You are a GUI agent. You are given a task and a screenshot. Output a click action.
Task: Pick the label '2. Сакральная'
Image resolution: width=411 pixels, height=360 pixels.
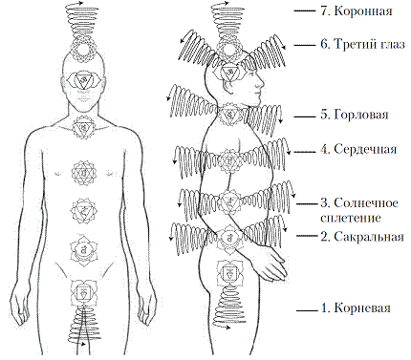pyautogui.click(x=364, y=234)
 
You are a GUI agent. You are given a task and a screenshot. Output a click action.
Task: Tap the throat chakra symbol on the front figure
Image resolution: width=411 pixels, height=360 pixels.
pyautogui.click(x=82, y=125)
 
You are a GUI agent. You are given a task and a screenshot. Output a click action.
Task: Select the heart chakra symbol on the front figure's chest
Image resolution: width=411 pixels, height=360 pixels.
pyautogui.click(x=82, y=173)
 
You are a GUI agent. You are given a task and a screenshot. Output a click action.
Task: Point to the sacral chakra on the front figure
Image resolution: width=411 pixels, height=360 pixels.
pyautogui.click(x=82, y=250)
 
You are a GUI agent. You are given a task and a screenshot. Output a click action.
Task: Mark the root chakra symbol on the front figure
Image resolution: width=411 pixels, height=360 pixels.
pyautogui.click(x=82, y=289)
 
